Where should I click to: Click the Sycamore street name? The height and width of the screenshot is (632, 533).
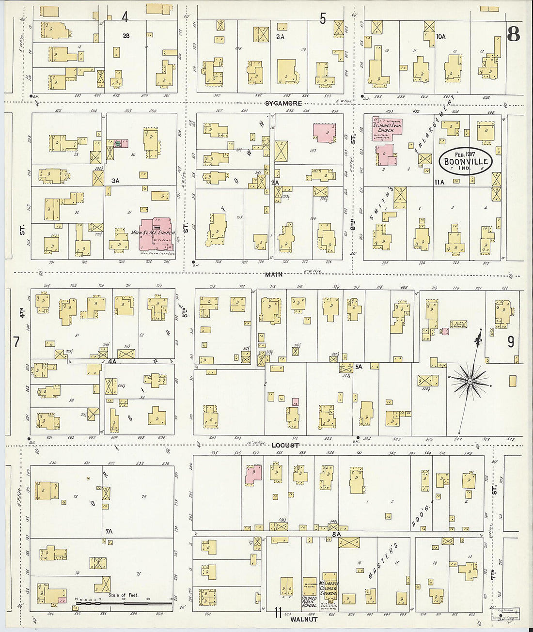(283, 104)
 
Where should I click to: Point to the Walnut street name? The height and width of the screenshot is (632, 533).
(303, 619)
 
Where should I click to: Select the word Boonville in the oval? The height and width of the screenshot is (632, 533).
(466, 162)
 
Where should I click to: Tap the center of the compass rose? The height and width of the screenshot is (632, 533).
(469, 382)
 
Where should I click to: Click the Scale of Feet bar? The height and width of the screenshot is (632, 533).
(124, 603)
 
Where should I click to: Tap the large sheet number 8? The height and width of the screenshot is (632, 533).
(513, 34)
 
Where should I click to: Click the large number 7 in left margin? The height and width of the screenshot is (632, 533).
(16, 342)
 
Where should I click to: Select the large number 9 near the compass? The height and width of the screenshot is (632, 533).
(511, 342)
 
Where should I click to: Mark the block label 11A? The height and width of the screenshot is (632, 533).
(439, 182)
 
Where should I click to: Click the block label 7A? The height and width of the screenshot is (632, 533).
(109, 531)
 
